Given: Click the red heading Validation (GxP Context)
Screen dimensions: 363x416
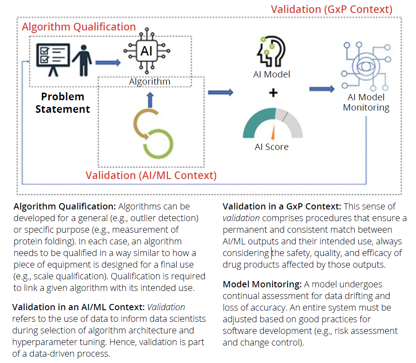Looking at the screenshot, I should click(x=331, y=9).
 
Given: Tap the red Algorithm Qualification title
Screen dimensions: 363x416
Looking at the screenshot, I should click(x=79, y=27).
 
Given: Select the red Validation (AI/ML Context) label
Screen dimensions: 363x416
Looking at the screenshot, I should click(x=151, y=175).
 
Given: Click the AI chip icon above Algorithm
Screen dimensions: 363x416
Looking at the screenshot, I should click(x=146, y=51).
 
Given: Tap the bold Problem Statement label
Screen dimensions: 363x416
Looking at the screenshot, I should click(x=63, y=102).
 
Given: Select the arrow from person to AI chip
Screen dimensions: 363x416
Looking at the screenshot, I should click(x=108, y=63).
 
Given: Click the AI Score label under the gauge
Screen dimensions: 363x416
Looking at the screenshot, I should click(x=272, y=147).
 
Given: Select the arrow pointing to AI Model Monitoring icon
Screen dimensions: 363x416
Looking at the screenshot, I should click(x=322, y=89).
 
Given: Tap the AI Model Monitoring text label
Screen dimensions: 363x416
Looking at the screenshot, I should click(x=366, y=102).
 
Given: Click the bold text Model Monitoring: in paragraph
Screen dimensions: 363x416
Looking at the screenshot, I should click(x=263, y=284).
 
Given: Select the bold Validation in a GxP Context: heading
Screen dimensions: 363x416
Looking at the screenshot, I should click(x=282, y=206).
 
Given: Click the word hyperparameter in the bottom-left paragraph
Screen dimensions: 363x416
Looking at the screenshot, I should click(x=44, y=342).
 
